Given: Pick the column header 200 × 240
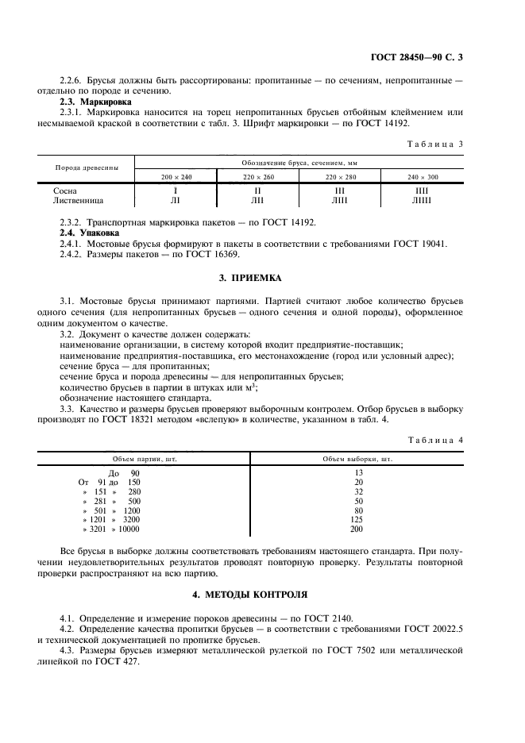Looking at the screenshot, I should point(176,175).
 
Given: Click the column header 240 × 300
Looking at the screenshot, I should point(423,175).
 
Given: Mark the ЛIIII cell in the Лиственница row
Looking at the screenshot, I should point(422,201).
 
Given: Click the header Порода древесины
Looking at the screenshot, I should point(87,168).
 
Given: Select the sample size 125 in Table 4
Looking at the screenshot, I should point(357,518).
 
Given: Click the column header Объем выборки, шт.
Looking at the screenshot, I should point(357,459).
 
